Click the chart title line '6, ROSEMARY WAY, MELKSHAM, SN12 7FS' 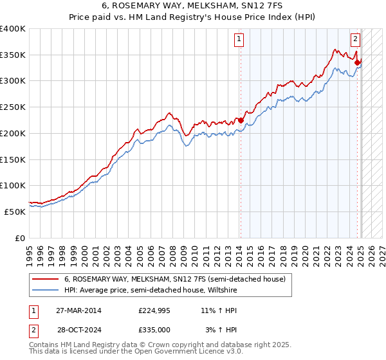[x=192, y=6]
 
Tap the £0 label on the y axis [x=19, y=238]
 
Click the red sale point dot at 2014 [x=240, y=120]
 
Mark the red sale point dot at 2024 [x=357, y=62]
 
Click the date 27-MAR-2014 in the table [x=78, y=310]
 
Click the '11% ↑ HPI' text [x=222, y=310]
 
